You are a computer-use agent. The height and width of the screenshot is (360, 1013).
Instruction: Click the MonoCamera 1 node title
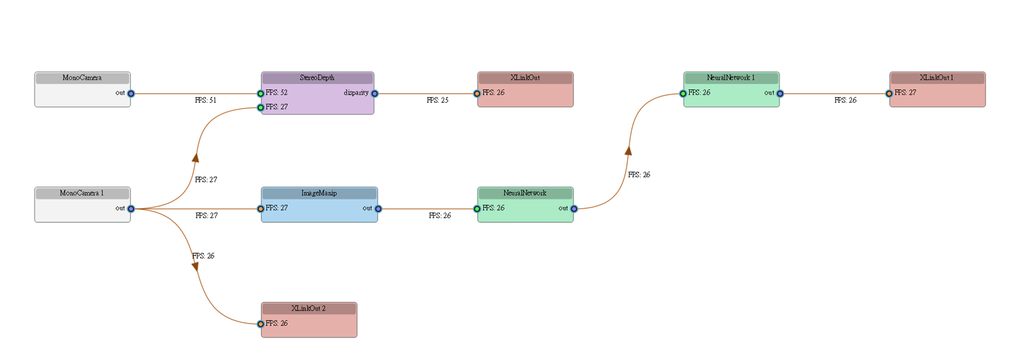[x=82, y=193]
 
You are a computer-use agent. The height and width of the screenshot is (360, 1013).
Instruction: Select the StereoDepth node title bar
[x=317, y=77]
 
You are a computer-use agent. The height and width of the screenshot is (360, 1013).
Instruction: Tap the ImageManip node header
[x=319, y=193]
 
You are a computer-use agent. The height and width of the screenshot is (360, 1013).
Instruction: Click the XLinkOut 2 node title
[x=308, y=308]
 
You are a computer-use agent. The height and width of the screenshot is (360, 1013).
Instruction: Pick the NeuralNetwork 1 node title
[x=731, y=77]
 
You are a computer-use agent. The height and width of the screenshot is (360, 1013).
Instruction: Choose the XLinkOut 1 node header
[x=937, y=77]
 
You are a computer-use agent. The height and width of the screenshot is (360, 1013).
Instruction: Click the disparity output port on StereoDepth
[x=375, y=94]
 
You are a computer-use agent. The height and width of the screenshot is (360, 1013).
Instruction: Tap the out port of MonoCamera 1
[x=131, y=209]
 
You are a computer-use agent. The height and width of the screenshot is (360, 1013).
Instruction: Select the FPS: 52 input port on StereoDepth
[x=261, y=94]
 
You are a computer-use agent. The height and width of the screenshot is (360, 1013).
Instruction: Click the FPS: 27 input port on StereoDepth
[x=261, y=107]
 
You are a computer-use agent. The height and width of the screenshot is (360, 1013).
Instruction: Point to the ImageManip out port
[x=378, y=209]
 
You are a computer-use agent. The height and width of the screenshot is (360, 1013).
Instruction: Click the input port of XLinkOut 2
[x=261, y=324]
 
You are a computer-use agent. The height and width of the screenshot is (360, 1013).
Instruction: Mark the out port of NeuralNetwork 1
[x=780, y=94]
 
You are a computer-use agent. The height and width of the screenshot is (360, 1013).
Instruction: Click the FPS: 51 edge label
[x=206, y=100]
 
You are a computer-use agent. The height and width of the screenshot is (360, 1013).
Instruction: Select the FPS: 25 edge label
[x=438, y=100]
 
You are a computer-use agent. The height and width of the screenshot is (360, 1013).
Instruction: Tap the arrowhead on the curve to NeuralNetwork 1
[x=628, y=150]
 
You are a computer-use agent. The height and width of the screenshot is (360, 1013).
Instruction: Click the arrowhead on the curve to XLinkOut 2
[x=195, y=266]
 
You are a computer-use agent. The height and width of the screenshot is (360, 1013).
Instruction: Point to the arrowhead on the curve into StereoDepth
[x=196, y=157]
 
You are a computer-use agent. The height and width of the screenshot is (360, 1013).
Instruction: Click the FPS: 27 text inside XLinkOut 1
[x=905, y=93]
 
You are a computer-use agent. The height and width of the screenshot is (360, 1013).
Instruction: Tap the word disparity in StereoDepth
[x=356, y=93]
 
